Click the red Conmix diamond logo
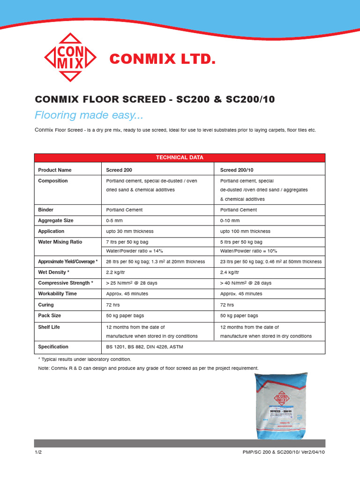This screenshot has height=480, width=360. pyautogui.click(x=70, y=58)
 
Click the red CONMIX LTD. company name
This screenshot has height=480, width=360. pyautogui.click(x=162, y=59)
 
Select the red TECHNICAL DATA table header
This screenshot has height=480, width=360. pyautogui.click(x=180, y=158)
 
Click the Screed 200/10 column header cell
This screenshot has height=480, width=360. pyautogui.click(x=237, y=170)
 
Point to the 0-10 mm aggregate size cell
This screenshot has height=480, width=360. pyautogui.click(x=230, y=220)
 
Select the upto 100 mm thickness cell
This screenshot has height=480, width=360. pyautogui.click(x=245, y=231)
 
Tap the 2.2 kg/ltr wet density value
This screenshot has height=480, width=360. pyautogui.click(x=116, y=272)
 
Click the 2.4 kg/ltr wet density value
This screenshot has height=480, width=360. pyautogui.click(x=230, y=272)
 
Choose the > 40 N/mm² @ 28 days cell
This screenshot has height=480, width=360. pyautogui.click(x=246, y=283)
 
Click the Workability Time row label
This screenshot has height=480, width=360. pyautogui.click(x=57, y=294)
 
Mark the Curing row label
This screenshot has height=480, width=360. pyautogui.click(x=46, y=305)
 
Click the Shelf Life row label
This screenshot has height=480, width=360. pyautogui.click(x=49, y=327)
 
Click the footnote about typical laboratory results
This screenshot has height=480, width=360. pyautogui.click(x=84, y=359)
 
